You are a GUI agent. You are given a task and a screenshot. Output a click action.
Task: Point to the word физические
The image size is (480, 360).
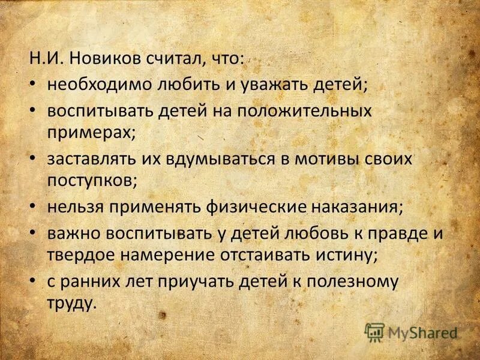(257, 207)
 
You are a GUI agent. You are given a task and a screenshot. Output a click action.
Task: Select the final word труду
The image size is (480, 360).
(71, 302)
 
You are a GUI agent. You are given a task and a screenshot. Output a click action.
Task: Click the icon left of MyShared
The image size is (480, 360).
(374, 332)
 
